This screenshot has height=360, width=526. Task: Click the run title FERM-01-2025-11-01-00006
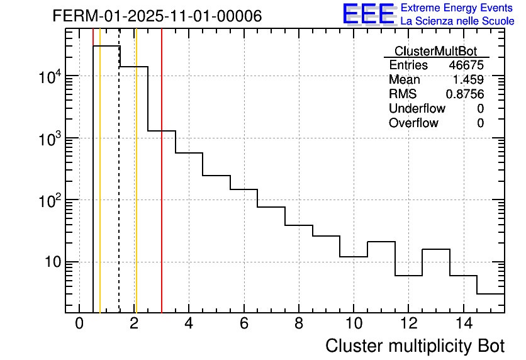(157, 16)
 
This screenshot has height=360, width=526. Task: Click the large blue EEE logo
(368, 14)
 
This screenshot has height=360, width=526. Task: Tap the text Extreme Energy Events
(456, 8)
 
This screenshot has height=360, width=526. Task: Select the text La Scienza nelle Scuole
(457, 21)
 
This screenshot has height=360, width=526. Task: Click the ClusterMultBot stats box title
(435, 51)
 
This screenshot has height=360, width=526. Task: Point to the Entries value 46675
(466, 65)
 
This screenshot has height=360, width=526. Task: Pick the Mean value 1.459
(468, 80)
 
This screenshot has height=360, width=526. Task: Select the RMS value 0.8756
(465, 94)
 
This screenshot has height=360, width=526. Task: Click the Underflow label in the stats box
(417, 109)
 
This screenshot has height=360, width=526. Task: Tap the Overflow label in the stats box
(413, 123)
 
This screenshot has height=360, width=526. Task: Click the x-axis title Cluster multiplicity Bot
(415, 346)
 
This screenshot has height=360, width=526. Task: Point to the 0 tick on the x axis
(79, 323)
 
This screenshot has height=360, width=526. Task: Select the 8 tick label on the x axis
(299, 323)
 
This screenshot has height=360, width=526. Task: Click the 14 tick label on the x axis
(463, 323)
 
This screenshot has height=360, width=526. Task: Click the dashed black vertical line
(119, 189)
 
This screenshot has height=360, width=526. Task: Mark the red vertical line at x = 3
(162, 189)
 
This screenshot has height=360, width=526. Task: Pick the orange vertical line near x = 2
(136, 189)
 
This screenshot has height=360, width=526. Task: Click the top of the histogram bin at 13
(436, 249)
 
